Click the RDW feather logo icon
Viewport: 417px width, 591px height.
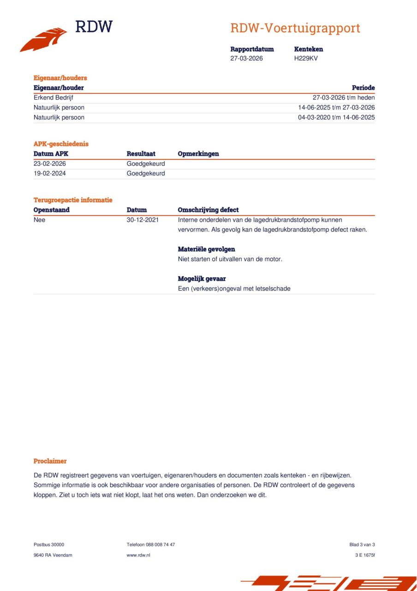click(x=43, y=40)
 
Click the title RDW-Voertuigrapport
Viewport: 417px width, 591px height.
click(x=295, y=28)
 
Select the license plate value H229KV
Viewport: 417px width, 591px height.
click(x=306, y=58)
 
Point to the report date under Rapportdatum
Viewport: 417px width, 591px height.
click(x=246, y=58)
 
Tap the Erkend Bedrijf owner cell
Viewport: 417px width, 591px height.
click(x=54, y=97)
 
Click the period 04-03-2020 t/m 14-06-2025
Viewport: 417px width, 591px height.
click(x=336, y=117)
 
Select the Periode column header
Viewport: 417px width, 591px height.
click(x=363, y=88)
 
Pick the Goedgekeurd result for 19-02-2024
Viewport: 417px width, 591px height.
click(x=146, y=174)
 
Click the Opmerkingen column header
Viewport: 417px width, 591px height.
click(x=198, y=154)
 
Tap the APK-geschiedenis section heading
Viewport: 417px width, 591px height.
click(x=61, y=144)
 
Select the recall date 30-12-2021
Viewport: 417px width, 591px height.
click(x=143, y=220)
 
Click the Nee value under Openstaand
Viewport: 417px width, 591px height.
click(x=40, y=220)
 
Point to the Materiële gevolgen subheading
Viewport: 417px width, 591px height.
click(x=206, y=249)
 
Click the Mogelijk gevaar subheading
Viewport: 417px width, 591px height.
click(x=202, y=279)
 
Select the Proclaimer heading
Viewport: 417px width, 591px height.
click(x=50, y=461)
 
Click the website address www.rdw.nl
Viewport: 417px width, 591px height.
click(x=138, y=555)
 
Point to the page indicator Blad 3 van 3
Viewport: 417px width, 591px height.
click(x=362, y=544)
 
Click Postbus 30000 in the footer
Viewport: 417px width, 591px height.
click(x=49, y=544)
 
